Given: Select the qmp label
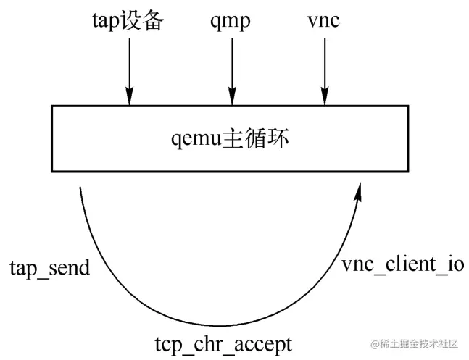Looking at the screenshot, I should [232, 20].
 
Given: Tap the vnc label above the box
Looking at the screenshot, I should [324, 20].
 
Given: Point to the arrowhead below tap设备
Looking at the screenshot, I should [129, 98].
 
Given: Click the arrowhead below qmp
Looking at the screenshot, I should [232, 98].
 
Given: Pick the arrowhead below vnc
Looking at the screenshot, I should [324, 98].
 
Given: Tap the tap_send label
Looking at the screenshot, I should [49, 268].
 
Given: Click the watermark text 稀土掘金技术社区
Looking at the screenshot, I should [421, 343].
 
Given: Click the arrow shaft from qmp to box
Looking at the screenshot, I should [232, 65].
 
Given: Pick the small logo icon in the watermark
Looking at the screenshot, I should [375, 343].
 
